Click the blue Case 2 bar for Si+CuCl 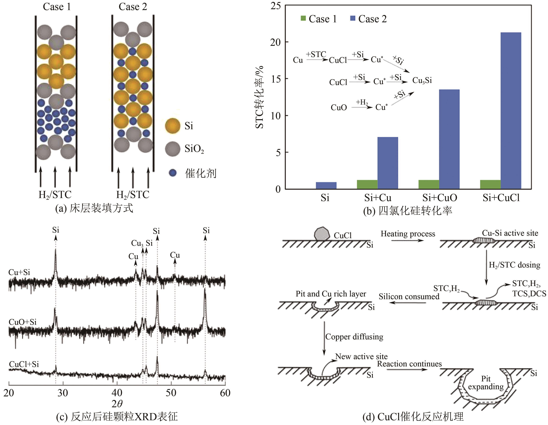pyautogui.click(x=511, y=110)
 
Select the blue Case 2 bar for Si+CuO pyautogui.click(x=449, y=139)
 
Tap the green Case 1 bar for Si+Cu pyautogui.click(x=367, y=184)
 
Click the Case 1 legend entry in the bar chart pyautogui.click(x=319, y=19)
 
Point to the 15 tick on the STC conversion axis pyautogui.click(x=276, y=79)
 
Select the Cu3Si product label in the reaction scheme pyautogui.click(x=422, y=81)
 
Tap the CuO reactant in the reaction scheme pyautogui.click(x=339, y=108)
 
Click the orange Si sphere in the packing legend pyautogui.click(x=173, y=126)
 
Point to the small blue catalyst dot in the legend pyautogui.click(x=173, y=173)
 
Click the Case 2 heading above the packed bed pyautogui.click(x=133, y=7)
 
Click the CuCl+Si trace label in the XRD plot pyautogui.click(x=24, y=364)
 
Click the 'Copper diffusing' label pyautogui.click(x=354, y=337)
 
